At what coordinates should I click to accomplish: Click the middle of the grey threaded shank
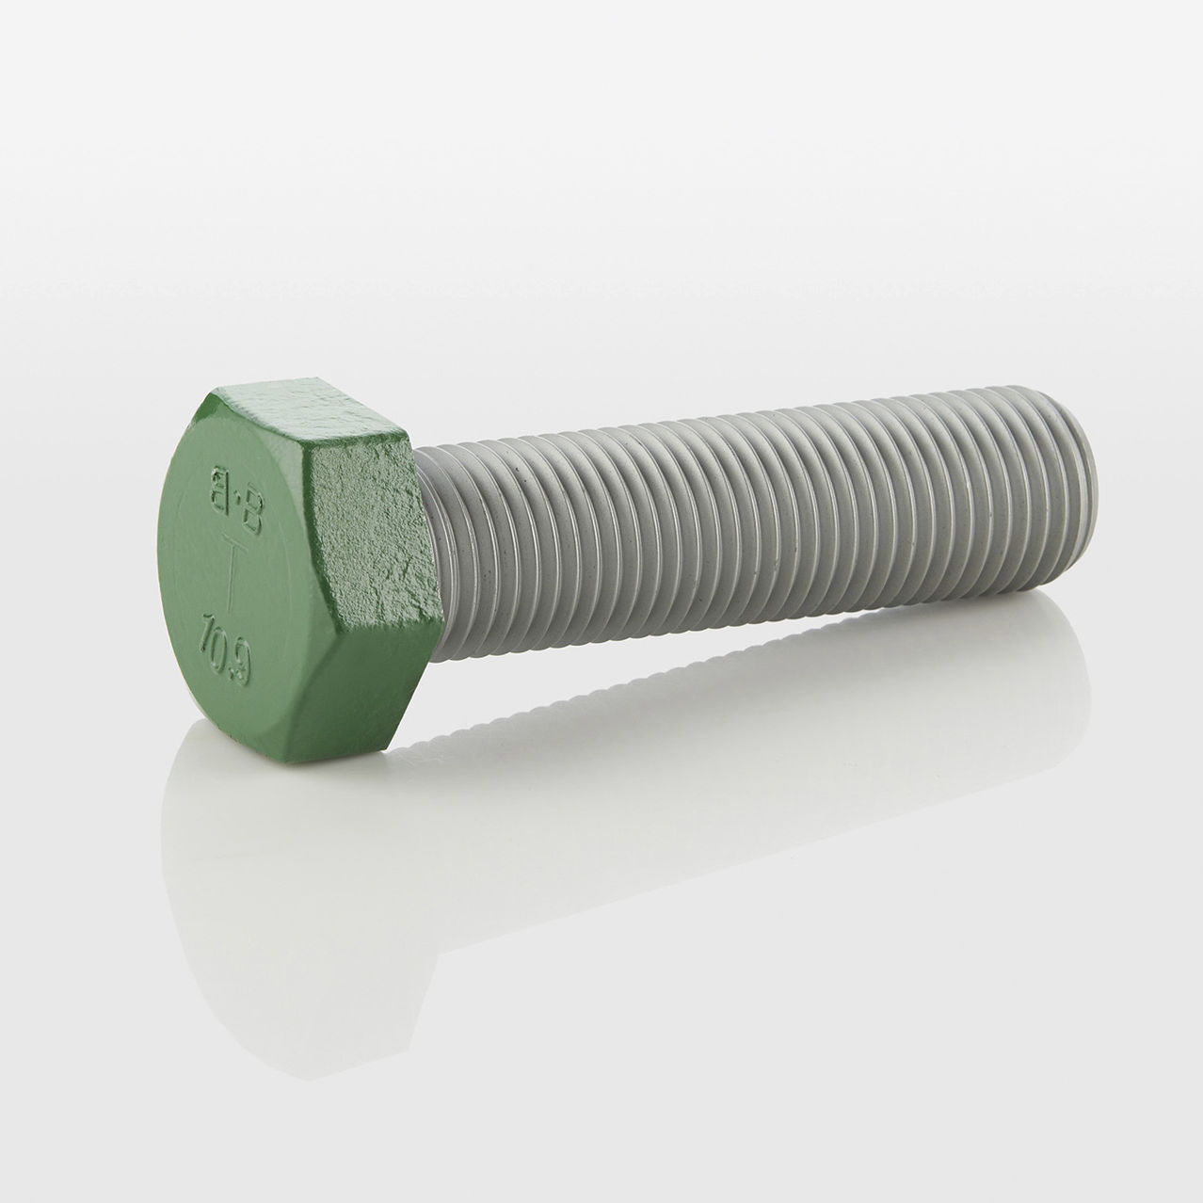753,527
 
